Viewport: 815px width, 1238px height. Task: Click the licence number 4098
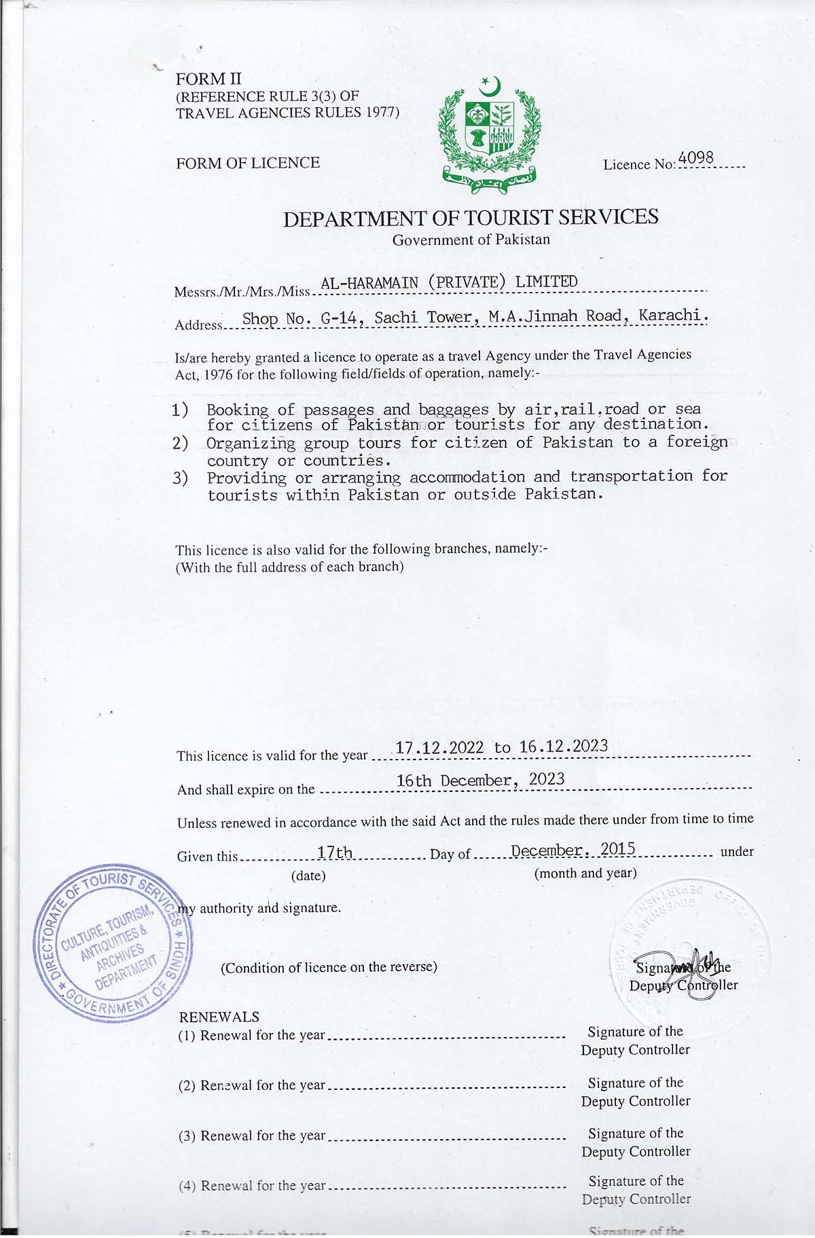[x=696, y=158]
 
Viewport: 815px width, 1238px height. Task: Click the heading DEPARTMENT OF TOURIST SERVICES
[x=471, y=218]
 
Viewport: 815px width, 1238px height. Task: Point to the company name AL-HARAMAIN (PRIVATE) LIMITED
[x=449, y=282]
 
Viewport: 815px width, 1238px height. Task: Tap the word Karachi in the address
[x=673, y=315]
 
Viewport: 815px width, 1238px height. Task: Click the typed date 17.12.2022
[x=439, y=748]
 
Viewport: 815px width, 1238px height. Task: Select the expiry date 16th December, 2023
[x=480, y=780]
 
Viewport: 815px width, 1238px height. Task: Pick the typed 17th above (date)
[x=335, y=852]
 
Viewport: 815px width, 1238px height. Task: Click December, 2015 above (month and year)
[x=573, y=850]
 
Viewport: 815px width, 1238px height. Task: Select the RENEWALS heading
[x=219, y=1017]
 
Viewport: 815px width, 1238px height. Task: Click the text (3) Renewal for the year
[x=252, y=1136]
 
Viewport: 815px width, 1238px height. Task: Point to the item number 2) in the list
[x=180, y=443]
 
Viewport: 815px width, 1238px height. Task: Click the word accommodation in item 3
[x=467, y=477]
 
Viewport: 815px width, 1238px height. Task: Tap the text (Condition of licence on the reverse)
[x=329, y=967]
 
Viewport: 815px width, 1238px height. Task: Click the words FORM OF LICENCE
[x=248, y=163]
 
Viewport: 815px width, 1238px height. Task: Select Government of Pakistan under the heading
[x=471, y=240]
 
